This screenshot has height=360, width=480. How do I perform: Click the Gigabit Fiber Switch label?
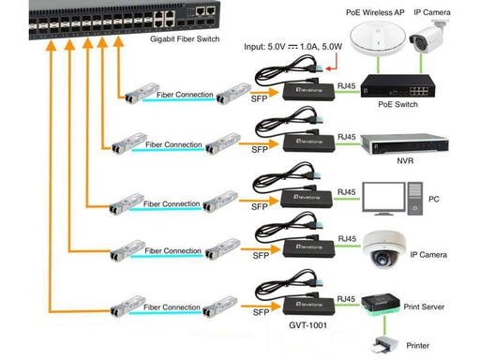tap(185, 39)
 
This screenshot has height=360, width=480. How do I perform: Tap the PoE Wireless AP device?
tap(378, 38)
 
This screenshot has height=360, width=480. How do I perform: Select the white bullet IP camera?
tap(428, 37)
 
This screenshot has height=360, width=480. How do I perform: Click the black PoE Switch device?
tap(397, 85)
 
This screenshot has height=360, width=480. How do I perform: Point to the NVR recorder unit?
tap(405, 144)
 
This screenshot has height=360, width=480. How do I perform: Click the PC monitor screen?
tap(383, 198)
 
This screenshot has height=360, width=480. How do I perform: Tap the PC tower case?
tap(415, 199)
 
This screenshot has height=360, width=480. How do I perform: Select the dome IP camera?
tap(384, 249)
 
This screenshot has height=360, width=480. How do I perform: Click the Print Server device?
tap(381, 304)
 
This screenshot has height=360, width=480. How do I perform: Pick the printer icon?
tap(384, 345)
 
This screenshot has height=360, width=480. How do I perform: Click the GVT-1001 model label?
tap(307, 325)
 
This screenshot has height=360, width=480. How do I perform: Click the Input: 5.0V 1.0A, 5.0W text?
tap(292, 47)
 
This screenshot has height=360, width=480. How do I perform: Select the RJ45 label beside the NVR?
tap(347, 137)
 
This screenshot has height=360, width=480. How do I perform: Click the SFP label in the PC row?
tap(260, 206)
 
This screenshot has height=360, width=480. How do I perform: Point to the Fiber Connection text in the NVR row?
tap(173, 144)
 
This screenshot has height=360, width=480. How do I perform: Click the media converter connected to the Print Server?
tap(308, 306)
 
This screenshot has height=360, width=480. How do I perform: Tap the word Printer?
tap(417, 345)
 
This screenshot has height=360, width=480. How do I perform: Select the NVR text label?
tap(405, 161)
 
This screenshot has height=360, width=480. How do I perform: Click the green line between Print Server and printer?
tap(384, 325)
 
